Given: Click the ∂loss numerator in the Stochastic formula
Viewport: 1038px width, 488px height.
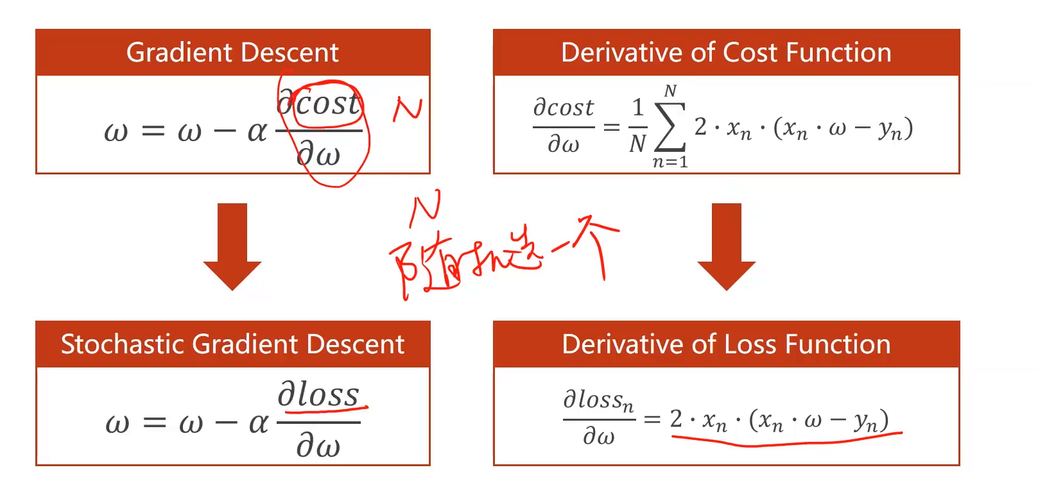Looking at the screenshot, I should (318, 394).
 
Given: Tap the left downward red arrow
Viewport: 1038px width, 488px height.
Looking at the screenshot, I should (232, 247).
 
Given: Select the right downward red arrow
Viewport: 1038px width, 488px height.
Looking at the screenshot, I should (727, 247).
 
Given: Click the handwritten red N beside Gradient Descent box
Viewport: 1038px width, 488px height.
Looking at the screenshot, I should (408, 109).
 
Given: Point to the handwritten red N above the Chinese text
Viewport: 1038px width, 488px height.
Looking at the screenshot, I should (426, 206).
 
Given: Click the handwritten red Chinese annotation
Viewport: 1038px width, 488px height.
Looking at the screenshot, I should (501, 257).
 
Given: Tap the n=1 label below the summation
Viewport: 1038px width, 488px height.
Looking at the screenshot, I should (670, 162).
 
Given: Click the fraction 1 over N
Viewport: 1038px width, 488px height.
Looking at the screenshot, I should (637, 126).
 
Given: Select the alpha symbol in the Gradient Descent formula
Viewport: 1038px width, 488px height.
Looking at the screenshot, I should (257, 131).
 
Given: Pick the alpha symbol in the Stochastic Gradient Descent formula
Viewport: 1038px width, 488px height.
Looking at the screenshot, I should (258, 423).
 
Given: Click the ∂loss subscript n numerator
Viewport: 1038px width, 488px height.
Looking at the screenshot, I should (598, 400).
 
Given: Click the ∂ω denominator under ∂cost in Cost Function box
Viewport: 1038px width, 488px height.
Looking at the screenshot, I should (563, 144).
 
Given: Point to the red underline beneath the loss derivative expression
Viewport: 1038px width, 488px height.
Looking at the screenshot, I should (786, 439).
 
